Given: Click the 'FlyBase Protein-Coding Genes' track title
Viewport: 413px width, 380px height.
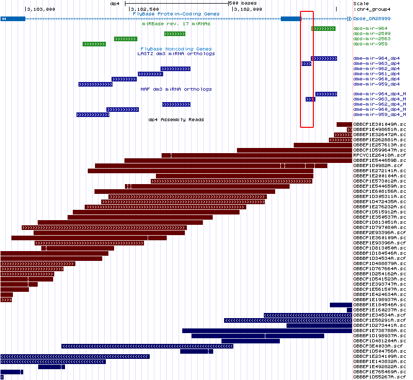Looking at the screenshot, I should (169, 13).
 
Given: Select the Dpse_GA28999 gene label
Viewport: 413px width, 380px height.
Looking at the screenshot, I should (372, 19).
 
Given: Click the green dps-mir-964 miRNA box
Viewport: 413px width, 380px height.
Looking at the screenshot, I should (323, 28).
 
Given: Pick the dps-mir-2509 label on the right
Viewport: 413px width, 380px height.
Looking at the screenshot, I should (372, 34).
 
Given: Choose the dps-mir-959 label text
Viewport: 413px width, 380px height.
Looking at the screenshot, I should (370, 44).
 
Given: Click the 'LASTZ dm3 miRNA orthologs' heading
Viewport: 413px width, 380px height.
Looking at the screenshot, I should (176, 54).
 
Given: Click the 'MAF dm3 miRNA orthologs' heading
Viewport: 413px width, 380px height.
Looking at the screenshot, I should (176, 89).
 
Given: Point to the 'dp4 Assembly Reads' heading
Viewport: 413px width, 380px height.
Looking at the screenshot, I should (176, 120).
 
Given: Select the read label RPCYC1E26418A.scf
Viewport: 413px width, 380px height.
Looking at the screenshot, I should (379, 155).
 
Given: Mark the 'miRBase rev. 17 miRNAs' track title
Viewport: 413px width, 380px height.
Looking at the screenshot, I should (176, 24).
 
